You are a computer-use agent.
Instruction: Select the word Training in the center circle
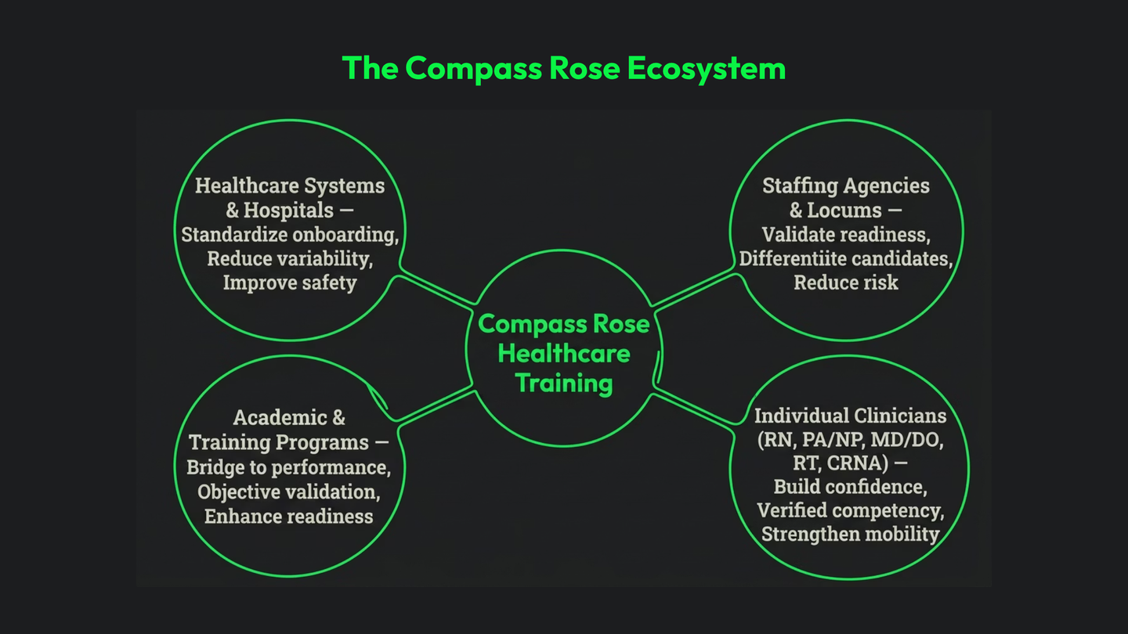coord(564,384)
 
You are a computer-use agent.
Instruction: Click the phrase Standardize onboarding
coord(290,235)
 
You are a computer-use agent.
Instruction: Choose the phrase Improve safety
coord(290,283)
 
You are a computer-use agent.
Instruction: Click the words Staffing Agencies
coord(846,186)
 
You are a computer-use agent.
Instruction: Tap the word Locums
coord(844,211)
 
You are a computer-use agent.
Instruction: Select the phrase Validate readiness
coord(846,235)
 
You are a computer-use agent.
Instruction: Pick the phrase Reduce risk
coord(846,283)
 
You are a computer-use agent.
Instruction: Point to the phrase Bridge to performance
coord(289,467)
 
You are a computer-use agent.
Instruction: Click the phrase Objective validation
coord(289,492)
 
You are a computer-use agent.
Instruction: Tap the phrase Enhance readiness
coord(289,516)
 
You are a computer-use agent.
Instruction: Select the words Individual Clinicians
coord(850,416)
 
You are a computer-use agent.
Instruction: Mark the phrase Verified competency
coord(850,510)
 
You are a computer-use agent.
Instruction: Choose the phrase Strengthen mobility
coord(850,535)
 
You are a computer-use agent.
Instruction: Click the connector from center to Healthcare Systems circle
coord(436,289)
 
